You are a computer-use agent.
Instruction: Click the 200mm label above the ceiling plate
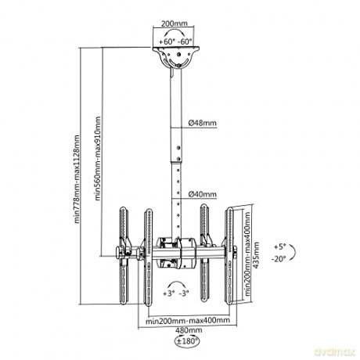click(x=175, y=23)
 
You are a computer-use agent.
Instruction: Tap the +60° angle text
click(x=167, y=41)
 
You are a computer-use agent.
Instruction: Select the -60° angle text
click(x=185, y=41)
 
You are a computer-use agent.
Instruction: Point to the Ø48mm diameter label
click(x=203, y=123)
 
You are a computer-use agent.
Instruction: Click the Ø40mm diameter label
click(x=203, y=194)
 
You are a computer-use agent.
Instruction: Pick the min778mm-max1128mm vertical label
click(x=77, y=179)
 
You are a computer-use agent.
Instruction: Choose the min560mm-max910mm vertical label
click(x=98, y=158)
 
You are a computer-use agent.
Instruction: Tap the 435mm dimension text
click(x=257, y=255)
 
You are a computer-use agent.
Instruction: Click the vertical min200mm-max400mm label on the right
click(x=247, y=254)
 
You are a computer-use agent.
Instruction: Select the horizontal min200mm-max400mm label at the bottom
click(x=188, y=320)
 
